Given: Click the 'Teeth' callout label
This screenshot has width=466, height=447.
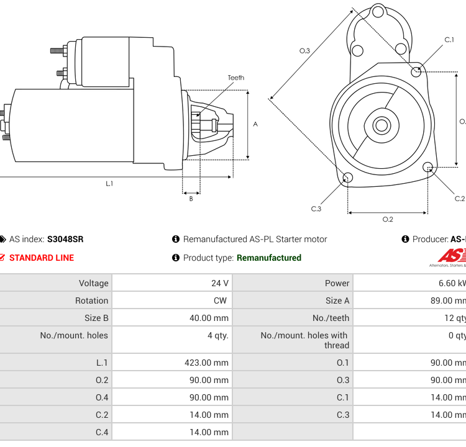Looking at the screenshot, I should pos(235,78).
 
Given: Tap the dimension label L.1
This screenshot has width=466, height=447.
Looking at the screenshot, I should pos(109,183).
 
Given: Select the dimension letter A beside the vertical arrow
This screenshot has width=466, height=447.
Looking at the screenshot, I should pos(255,124).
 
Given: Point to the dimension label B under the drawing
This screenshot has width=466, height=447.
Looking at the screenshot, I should pos(191,199).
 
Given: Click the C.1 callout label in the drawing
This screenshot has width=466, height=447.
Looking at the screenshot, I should pos(449,40).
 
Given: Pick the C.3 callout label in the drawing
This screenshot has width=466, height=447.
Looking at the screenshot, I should pos(316,209).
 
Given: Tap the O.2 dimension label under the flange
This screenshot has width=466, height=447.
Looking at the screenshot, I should pos(387,219).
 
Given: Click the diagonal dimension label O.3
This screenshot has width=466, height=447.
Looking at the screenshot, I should pos(304,51).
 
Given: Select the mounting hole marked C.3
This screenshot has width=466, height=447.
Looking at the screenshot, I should pos(348,179).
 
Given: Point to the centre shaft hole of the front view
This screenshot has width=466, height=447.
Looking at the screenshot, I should pos(380,125).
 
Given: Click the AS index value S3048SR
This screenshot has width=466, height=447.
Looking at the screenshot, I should pos(65,239).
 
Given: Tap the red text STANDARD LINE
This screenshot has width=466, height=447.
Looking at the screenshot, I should pos(41,258).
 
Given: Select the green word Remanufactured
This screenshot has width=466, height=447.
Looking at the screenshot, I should pos(269,258).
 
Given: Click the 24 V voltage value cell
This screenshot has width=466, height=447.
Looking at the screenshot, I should pos(220,283).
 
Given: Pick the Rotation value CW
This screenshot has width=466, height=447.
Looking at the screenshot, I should pos(220,300).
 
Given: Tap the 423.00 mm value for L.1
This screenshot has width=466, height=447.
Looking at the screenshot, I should pos(206,363).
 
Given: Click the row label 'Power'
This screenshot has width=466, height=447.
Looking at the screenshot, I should pos(337,283).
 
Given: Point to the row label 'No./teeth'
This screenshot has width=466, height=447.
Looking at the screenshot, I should pos(331,318).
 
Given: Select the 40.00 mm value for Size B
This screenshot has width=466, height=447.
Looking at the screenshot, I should pos(209,318).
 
